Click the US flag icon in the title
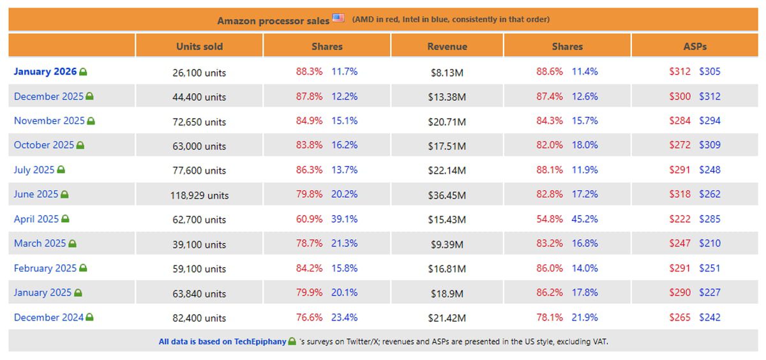pyautogui.click(x=338, y=19)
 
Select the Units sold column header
pyautogui.click(x=199, y=47)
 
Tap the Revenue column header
pyautogui.click(x=447, y=47)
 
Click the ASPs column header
pyautogui.click(x=695, y=47)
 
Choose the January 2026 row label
pyautogui.click(x=45, y=71)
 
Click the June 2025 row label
pyautogui.click(x=36, y=194)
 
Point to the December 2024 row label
pyautogui.click(x=49, y=317)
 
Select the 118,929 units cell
pyautogui.click(x=199, y=195)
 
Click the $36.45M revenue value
pyautogui.click(x=447, y=195)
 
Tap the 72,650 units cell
pyautogui.click(x=199, y=121)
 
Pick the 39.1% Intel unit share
pyautogui.click(x=344, y=219)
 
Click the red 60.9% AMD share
pyautogui.click(x=309, y=219)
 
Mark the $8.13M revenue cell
pyautogui.click(x=447, y=72)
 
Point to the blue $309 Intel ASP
pyautogui.click(x=710, y=145)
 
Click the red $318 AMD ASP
pyautogui.click(x=680, y=194)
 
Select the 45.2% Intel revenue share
pyautogui.click(x=585, y=219)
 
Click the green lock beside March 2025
pyautogui.click(x=73, y=244)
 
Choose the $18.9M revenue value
pyautogui.click(x=447, y=293)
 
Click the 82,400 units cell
pyautogui.click(x=199, y=318)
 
